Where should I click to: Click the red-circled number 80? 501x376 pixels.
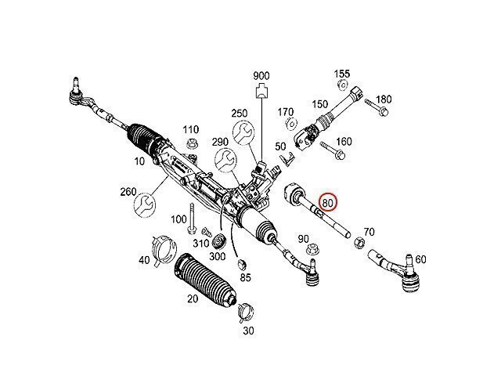(328, 203)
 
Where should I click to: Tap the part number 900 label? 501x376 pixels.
(261, 77)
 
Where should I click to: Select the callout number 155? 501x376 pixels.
(342, 74)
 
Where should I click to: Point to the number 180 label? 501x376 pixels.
(384, 99)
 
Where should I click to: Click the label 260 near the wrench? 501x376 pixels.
(128, 191)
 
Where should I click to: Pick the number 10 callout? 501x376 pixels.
(141, 162)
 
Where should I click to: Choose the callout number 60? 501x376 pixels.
(421, 259)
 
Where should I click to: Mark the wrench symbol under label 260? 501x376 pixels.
(145, 205)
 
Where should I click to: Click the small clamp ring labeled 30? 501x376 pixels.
(243, 312)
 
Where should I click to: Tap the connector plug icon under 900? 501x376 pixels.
(260, 92)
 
